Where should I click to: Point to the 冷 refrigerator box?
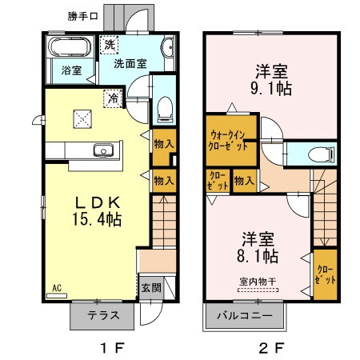[115, 100]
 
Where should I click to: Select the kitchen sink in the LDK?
[103, 150]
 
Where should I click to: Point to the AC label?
[56, 287]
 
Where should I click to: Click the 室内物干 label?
[256, 281]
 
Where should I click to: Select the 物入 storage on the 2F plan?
[244, 181]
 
